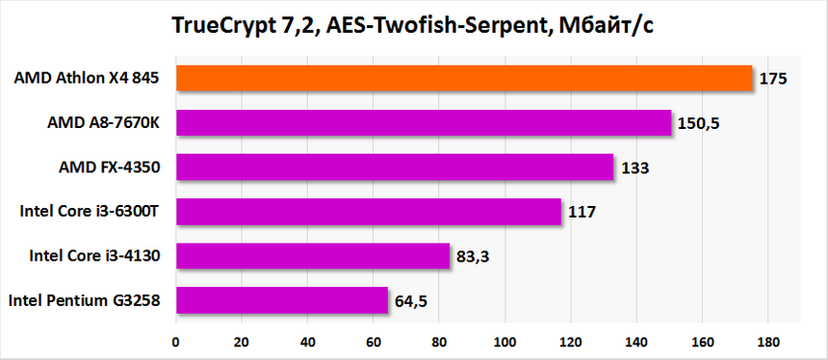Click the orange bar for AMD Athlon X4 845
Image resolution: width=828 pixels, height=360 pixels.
tap(463, 78)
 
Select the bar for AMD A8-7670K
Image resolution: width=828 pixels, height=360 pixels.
tap(423, 122)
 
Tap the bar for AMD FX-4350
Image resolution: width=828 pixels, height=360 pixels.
tap(394, 167)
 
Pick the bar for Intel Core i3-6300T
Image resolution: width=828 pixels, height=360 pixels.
tap(368, 212)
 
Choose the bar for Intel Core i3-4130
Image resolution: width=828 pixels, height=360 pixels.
tap(312, 256)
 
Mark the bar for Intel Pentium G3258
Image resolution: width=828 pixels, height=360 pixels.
tap(281, 300)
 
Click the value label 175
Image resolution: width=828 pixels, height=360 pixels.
tap(773, 79)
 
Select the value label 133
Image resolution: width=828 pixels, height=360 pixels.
tap(634, 167)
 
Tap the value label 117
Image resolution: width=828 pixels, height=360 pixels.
tap(582, 212)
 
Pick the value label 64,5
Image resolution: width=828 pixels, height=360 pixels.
tap(410, 301)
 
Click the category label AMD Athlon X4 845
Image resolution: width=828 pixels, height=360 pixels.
tap(86, 78)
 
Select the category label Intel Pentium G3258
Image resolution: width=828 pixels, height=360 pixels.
tap(84, 301)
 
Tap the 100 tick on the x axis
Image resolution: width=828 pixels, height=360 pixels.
tap(504, 341)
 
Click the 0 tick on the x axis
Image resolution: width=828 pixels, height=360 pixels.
tap(175, 341)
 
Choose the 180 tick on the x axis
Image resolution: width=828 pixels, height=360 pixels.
tap(767, 341)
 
